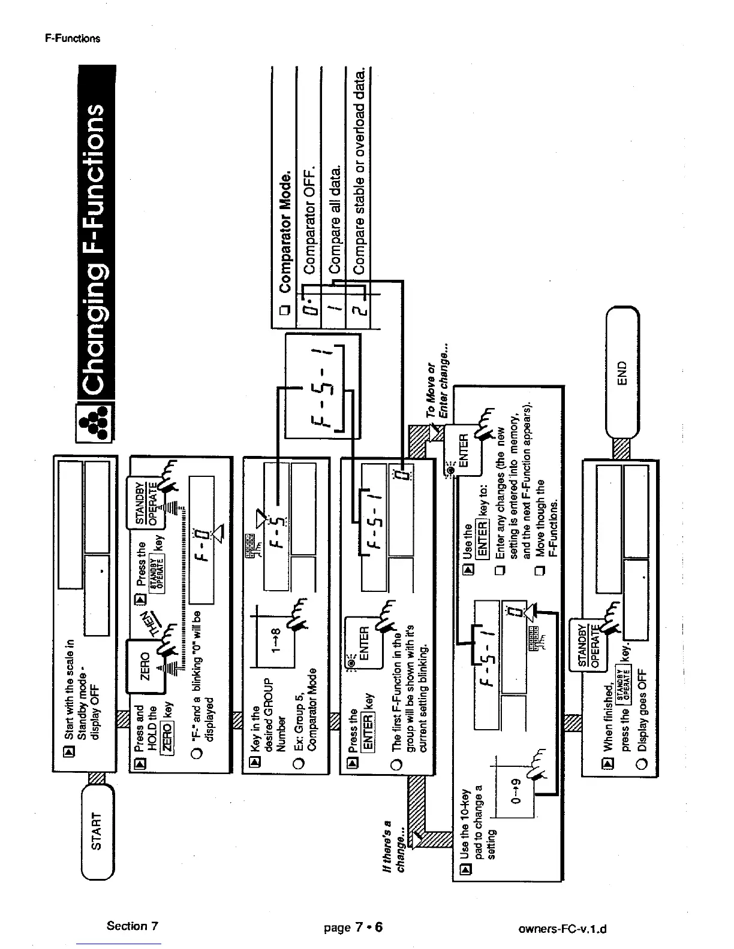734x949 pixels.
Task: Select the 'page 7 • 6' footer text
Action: click(x=353, y=927)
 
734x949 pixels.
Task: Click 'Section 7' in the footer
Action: click(x=132, y=926)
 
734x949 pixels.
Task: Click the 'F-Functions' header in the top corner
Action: click(x=73, y=38)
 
